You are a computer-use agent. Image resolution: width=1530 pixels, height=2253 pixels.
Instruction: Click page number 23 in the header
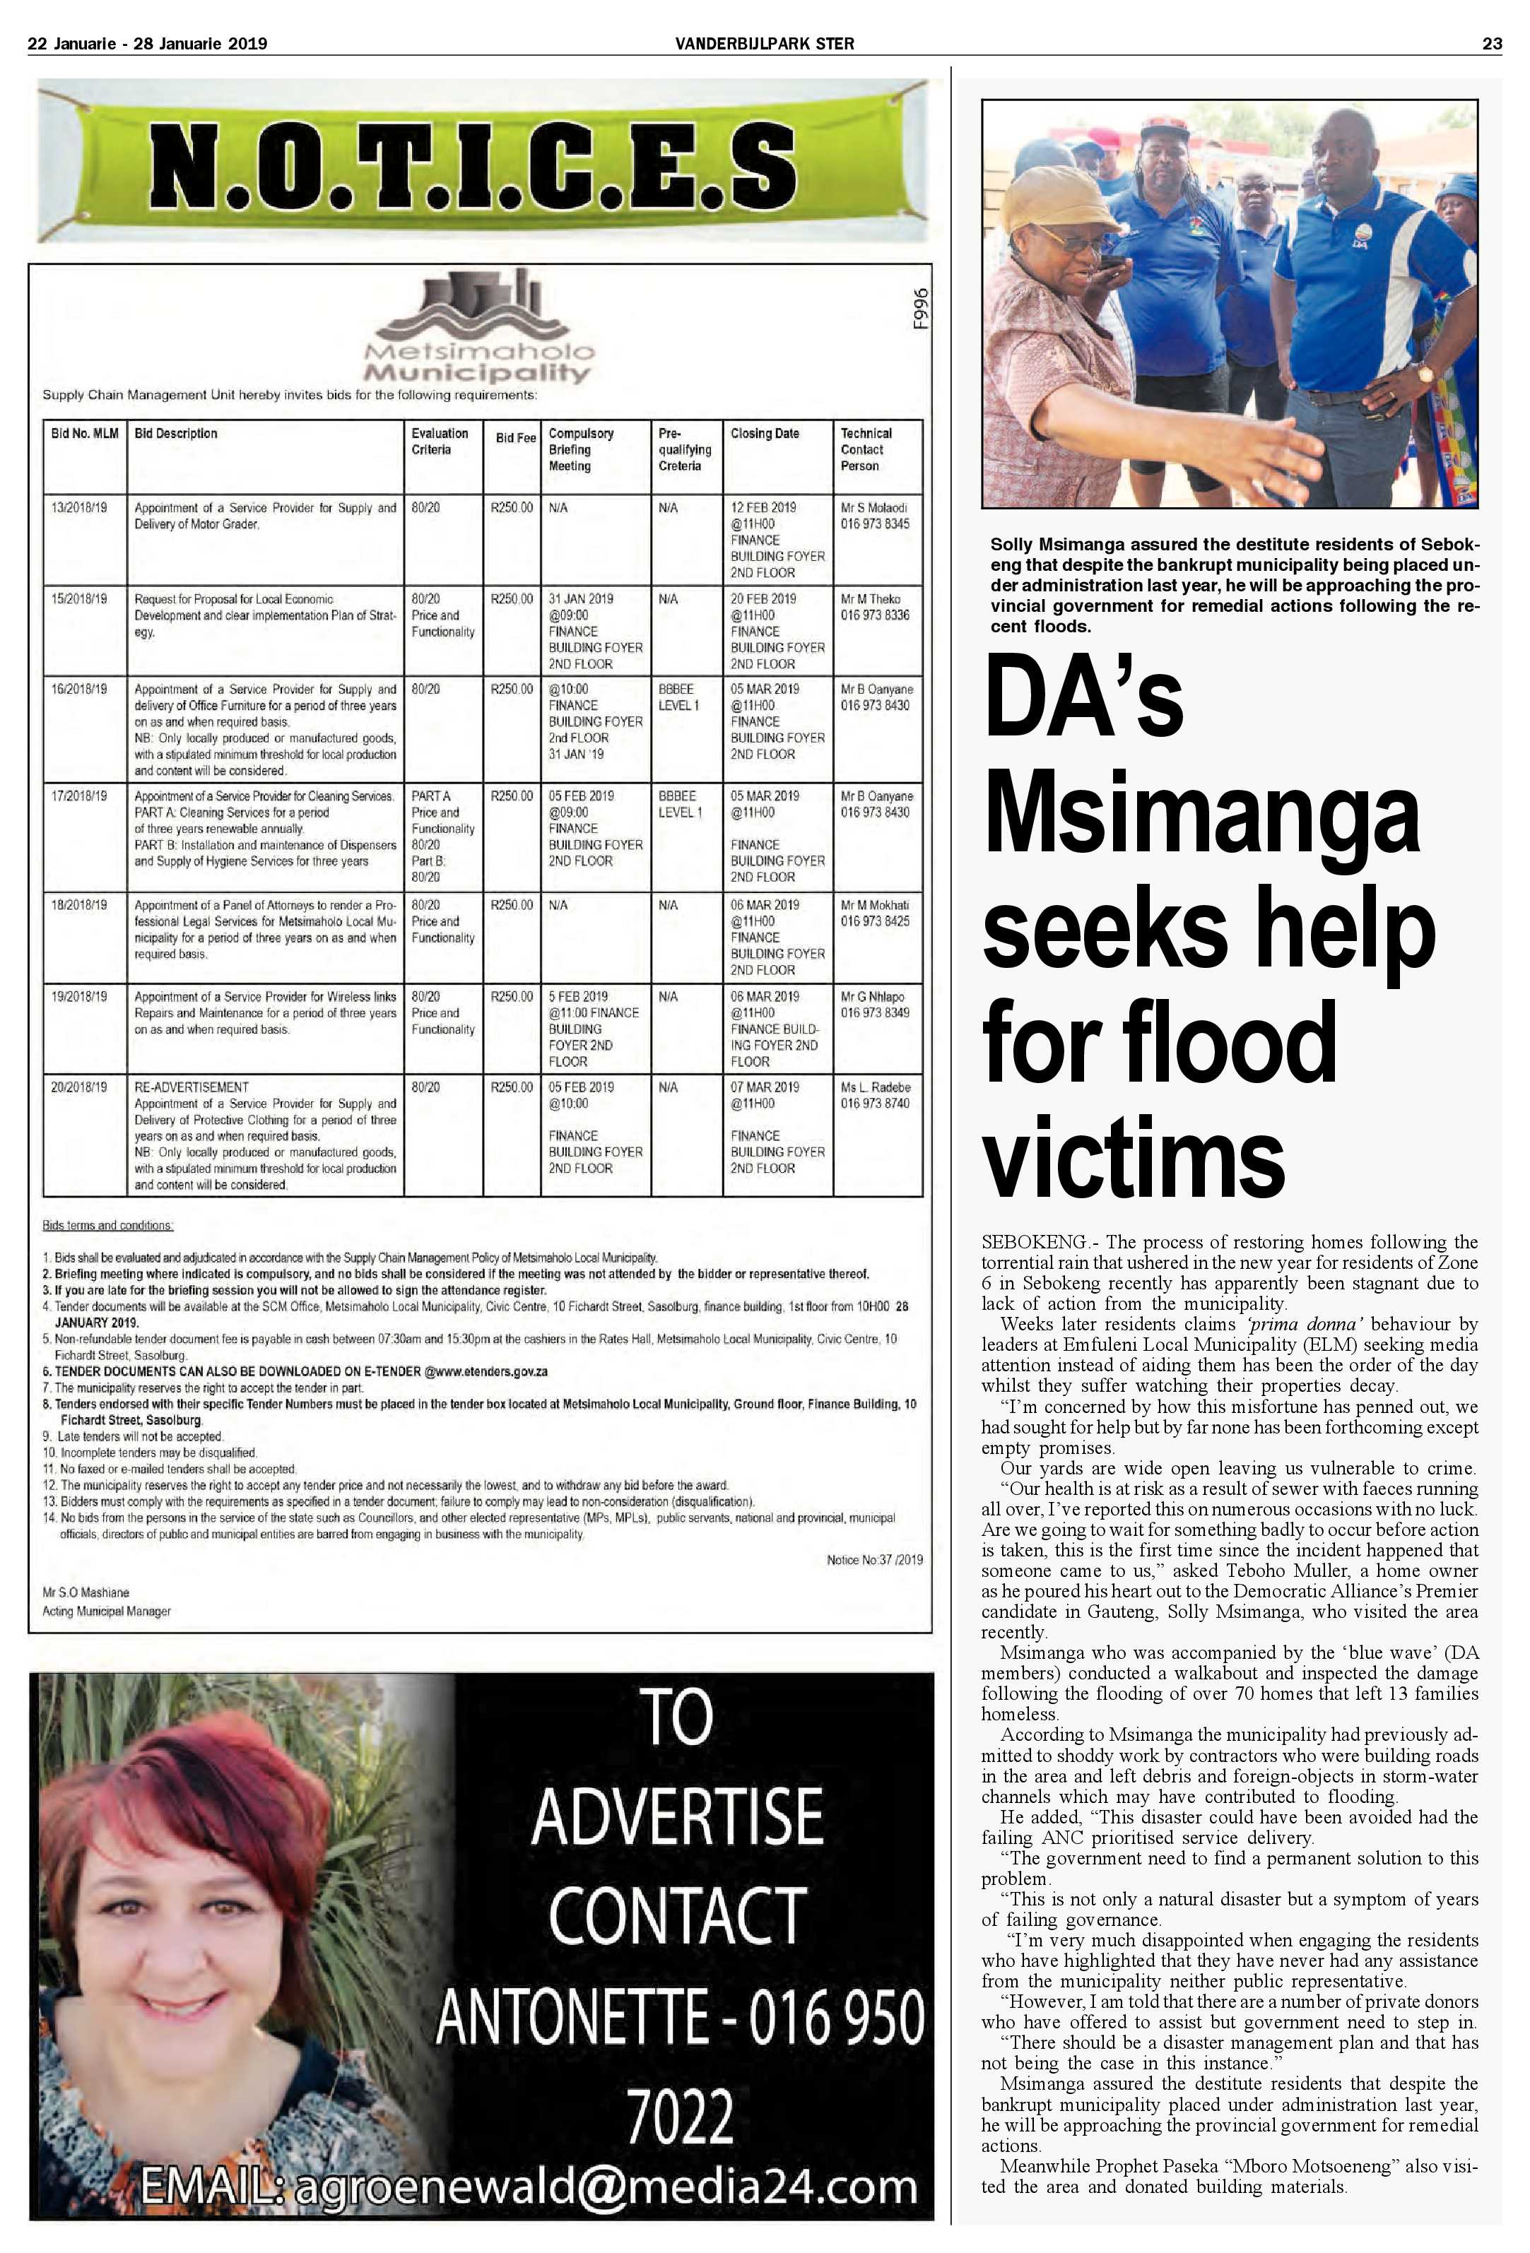pos(1491,42)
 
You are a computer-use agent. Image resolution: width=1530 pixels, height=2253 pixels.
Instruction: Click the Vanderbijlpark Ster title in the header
pos(765,42)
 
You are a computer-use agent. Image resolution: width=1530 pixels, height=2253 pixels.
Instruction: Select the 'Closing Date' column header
pos(765,433)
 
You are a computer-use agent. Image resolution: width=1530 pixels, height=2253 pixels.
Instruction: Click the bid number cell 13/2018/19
pos(80,507)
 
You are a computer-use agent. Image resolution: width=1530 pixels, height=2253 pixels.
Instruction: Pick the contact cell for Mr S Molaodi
pos(875,516)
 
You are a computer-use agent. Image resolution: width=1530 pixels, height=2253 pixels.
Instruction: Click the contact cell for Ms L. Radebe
pos(875,1096)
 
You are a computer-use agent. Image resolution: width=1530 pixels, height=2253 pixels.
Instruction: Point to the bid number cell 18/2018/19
pos(80,904)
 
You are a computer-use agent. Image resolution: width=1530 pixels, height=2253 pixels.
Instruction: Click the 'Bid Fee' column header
pos(515,438)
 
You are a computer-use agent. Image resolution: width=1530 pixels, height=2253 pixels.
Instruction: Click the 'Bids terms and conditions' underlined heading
pos(107,1225)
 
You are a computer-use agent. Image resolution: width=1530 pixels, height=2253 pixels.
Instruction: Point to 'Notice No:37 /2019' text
pos(873,1560)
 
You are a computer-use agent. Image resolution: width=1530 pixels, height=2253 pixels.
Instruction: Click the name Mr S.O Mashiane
pos(86,1593)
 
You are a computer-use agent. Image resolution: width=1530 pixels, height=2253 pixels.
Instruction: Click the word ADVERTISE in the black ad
pos(677,1817)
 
